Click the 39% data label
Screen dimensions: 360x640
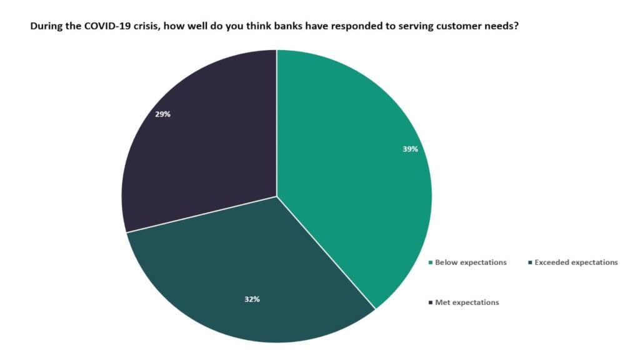point(410,149)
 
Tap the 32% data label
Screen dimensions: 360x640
point(252,299)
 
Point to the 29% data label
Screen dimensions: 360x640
point(162,114)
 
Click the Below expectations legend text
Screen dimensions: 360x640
point(471,262)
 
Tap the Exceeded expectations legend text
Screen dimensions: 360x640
point(576,262)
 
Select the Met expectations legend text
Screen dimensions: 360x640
point(467,302)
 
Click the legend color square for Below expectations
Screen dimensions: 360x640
point(431,262)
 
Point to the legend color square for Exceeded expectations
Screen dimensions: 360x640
point(530,262)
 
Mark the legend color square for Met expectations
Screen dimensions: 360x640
point(431,302)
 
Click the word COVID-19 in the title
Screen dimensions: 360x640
point(102,28)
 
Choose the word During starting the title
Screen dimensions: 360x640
point(46,28)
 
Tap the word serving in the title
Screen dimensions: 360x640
point(409,28)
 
